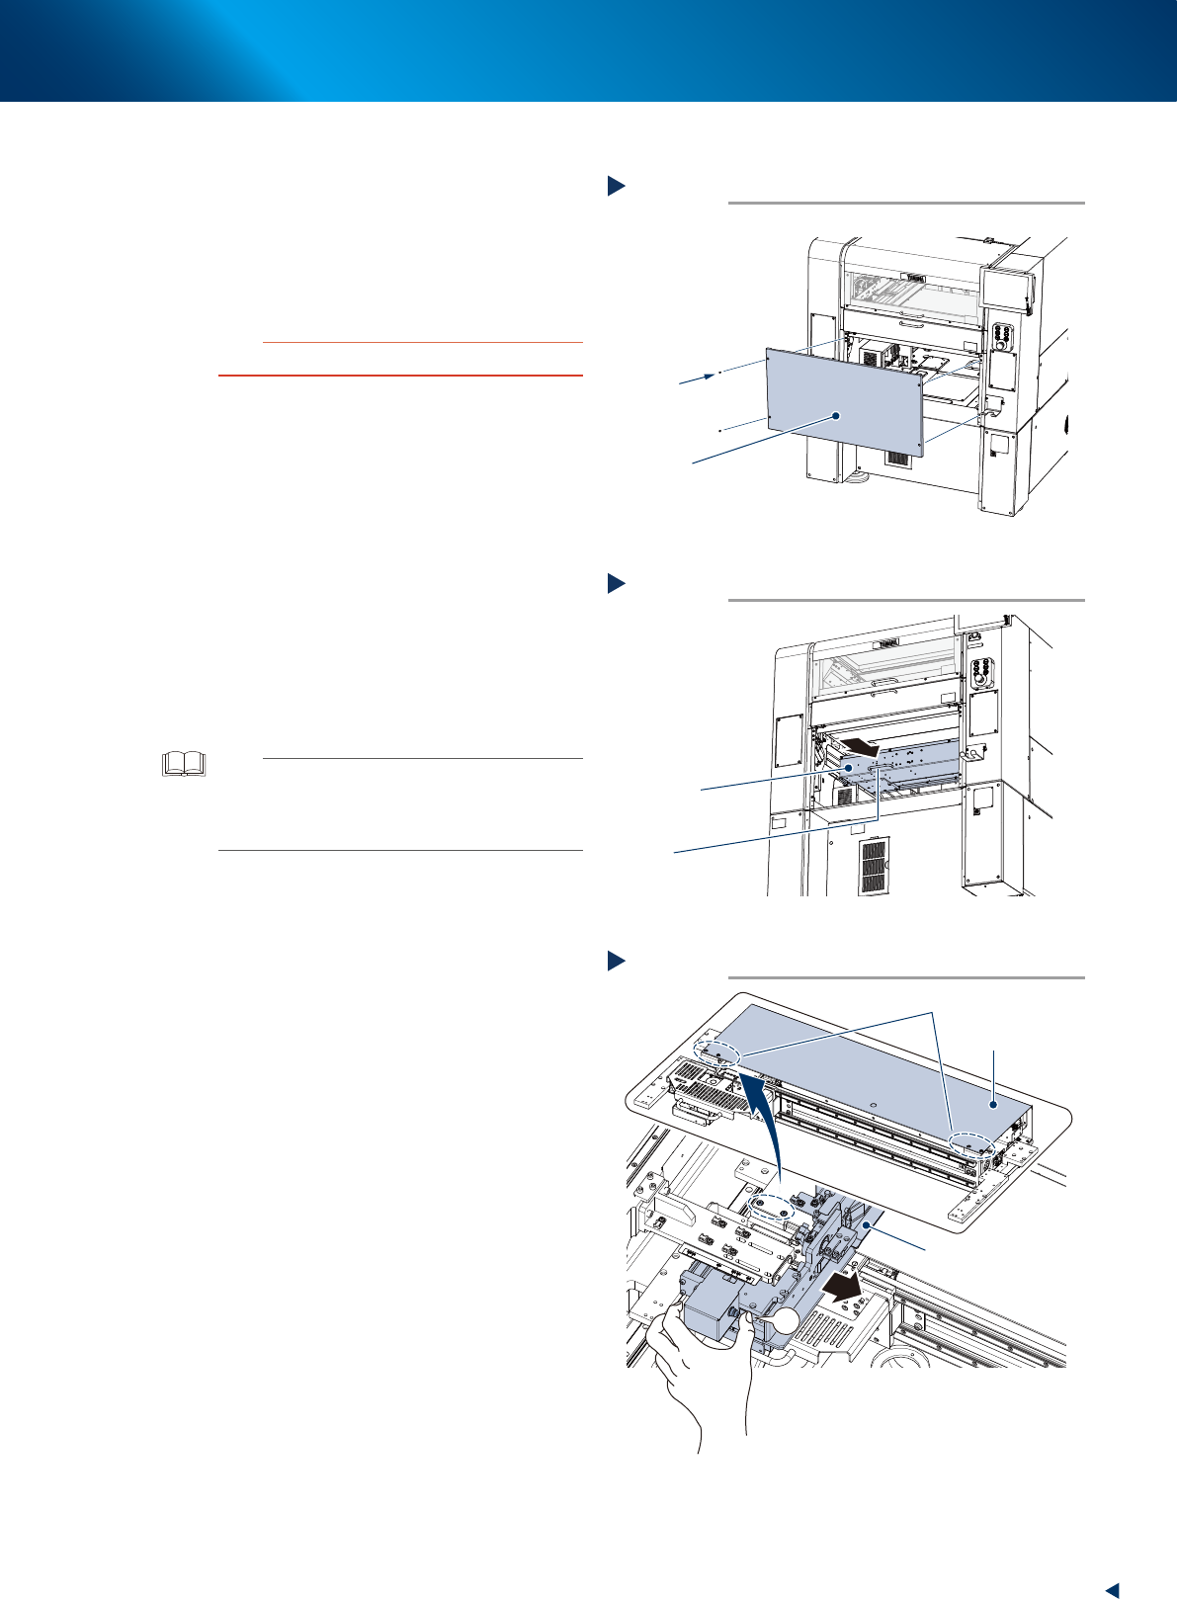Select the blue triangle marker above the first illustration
coord(616,185)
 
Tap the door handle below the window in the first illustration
coord(911,322)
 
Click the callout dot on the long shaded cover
coord(992,1100)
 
